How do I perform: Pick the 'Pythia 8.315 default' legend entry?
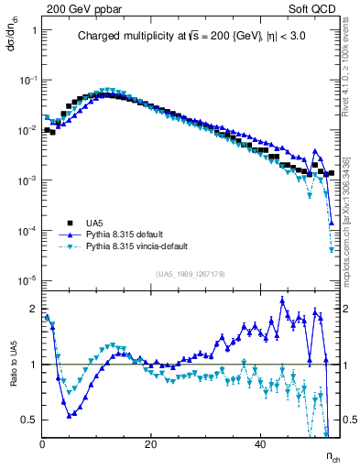pyautogui.click(x=129, y=234)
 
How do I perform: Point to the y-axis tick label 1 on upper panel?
pyautogui.click(x=34, y=30)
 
